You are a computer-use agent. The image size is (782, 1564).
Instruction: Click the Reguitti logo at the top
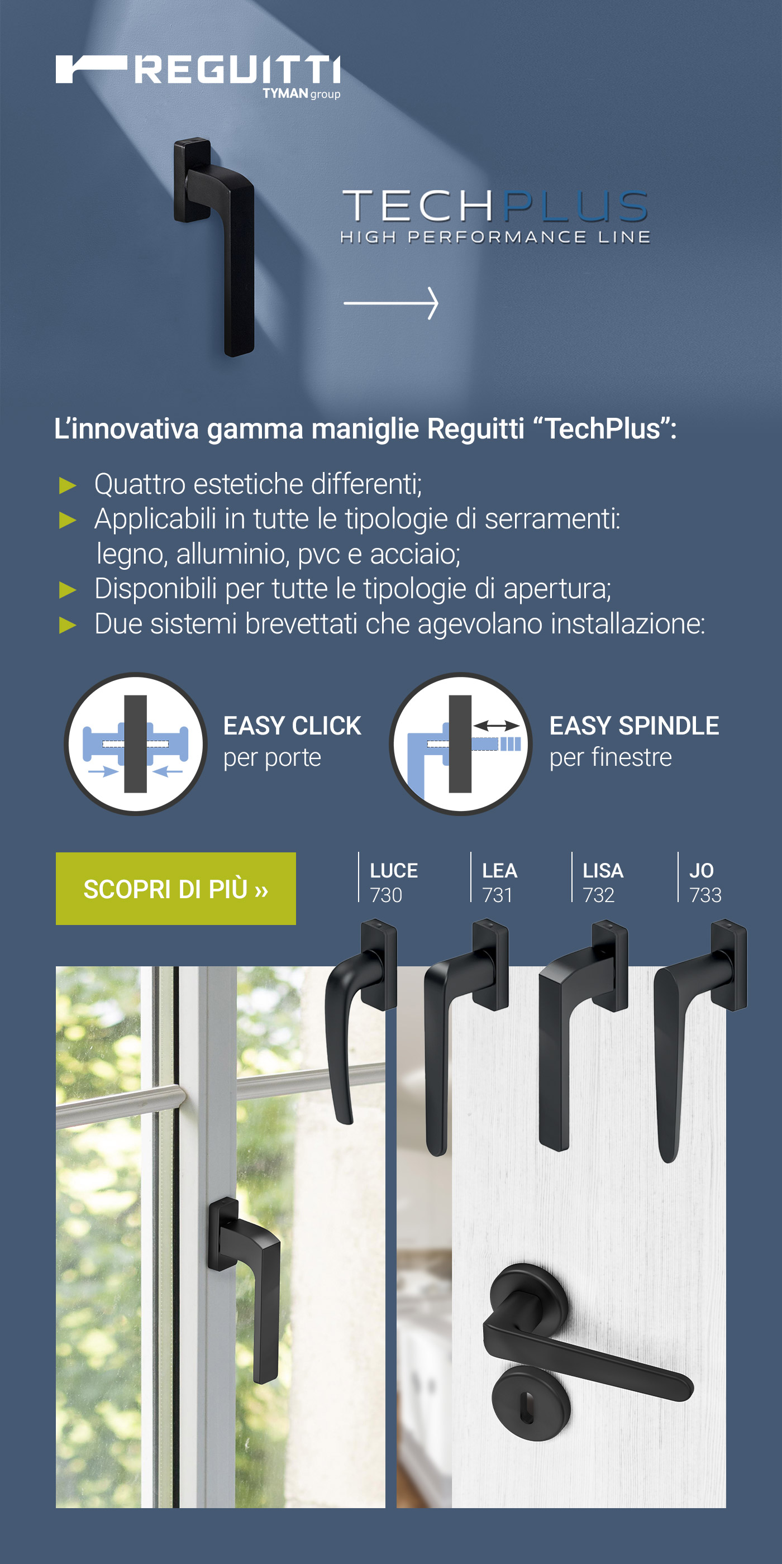[x=197, y=70]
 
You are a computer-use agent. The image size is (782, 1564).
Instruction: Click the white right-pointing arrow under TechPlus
[x=391, y=303]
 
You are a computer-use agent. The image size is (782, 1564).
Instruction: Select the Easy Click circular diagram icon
[x=135, y=744]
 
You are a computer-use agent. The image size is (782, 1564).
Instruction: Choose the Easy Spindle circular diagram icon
[x=461, y=744]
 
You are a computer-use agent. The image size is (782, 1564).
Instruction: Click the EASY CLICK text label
[x=292, y=726]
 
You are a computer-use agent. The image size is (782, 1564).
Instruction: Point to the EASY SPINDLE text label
[x=634, y=726]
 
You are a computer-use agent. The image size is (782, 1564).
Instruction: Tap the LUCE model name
[x=393, y=871]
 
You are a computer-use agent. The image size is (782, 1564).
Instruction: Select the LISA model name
[x=603, y=871]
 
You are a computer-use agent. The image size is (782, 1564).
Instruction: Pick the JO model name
[x=701, y=871]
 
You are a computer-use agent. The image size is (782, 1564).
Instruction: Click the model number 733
[x=705, y=895]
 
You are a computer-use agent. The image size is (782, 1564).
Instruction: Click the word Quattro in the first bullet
[x=140, y=484]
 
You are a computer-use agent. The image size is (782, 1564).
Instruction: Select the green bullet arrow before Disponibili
[x=68, y=589]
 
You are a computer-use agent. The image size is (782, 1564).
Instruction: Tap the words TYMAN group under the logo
[x=301, y=93]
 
